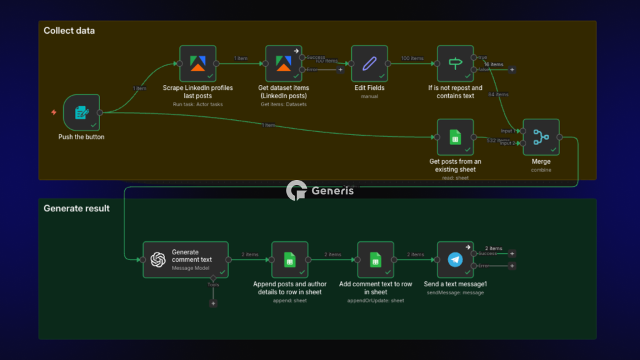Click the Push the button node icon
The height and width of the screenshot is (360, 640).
click(x=81, y=112)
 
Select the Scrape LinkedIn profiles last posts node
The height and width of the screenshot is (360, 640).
click(x=197, y=63)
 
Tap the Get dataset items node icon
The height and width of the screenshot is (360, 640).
click(x=284, y=63)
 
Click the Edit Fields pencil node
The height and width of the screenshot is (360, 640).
click(x=369, y=63)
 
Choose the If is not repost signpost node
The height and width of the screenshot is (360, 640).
click(x=455, y=63)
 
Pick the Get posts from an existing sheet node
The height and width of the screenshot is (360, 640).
click(x=455, y=137)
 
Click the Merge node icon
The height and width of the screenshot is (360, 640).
click(x=541, y=137)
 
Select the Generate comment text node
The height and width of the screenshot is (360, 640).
click(x=186, y=259)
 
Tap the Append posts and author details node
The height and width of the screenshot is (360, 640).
click(x=289, y=259)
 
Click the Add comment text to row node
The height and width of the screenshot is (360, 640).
click(x=375, y=259)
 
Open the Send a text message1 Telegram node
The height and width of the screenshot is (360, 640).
click(x=455, y=259)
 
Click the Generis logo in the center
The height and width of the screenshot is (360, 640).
click(x=320, y=191)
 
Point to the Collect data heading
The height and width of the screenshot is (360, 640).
click(x=69, y=31)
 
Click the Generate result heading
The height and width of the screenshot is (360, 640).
click(x=76, y=208)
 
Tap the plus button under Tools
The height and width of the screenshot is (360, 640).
click(x=213, y=303)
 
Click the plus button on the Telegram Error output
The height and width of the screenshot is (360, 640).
click(x=512, y=266)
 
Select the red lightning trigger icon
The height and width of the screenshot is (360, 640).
click(x=54, y=112)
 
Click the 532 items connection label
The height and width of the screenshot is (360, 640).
click(x=498, y=141)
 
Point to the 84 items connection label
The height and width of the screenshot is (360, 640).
click(x=498, y=94)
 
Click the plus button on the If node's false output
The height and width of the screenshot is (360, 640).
click(x=512, y=69)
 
